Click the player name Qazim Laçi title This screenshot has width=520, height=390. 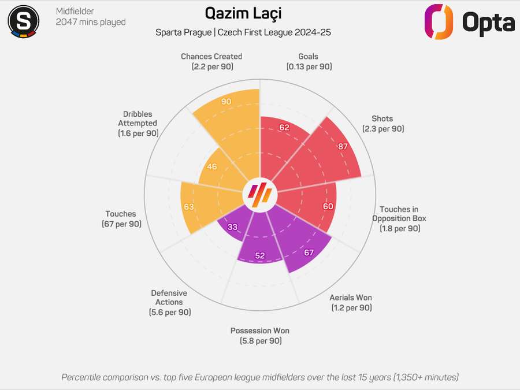(x=243, y=14)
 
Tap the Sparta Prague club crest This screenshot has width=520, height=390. (x=23, y=21)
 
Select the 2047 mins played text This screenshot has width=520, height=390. (x=91, y=22)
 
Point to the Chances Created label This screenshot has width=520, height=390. (x=211, y=57)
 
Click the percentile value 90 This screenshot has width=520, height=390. (x=226, y=102)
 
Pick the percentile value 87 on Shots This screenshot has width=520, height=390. (x=343, y=146)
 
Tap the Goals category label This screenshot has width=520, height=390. (x=309, y=57)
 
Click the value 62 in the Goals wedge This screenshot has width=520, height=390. (x=284, y=128)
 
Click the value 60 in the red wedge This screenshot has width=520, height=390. (x=328, y=206)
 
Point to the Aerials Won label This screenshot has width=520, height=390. (x=351, y=298)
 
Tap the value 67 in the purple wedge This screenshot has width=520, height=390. (x=309, y=252)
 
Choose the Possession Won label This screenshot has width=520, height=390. (x=260, y=330)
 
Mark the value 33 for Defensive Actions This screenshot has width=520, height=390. (x=232, y=227)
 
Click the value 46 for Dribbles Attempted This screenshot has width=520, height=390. (x=211, y=167)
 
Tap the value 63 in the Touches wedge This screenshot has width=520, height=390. (x=189, y=207)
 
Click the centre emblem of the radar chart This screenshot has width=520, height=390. (x=259, y=195)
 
